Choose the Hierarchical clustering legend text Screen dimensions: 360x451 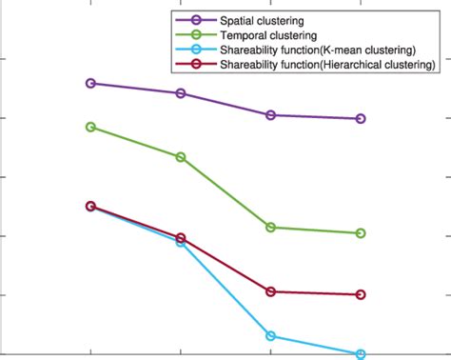click(x=326, y=65)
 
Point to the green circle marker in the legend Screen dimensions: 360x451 click(x=196, y=35)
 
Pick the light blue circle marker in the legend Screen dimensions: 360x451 click(x=196, y=50)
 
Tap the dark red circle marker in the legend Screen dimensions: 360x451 click(x=196, y=65)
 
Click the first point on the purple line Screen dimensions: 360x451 click(x=90, y=84)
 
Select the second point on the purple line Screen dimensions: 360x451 click(x=181, y=93)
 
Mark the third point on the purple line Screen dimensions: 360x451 click(x=271, y=115)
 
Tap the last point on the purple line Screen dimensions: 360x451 click(x=361, y=119)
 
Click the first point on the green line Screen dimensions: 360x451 click(x=90, y=127)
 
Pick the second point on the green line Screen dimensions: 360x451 click(x=181, y=156)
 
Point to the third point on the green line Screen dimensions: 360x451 click(x=271, y=228)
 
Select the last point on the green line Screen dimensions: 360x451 click(x=361, y=233)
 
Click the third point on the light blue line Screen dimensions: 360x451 click(x=271, y=336)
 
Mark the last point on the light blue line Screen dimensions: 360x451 click(x=361, y=354)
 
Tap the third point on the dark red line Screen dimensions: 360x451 click(x=271, y=291)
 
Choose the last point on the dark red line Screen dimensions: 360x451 click(x=361, y=295)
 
